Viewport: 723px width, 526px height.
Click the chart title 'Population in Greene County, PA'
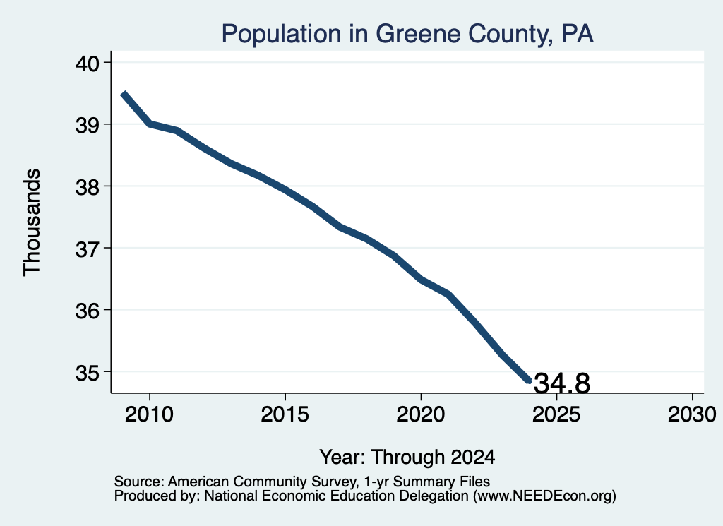point(407,34)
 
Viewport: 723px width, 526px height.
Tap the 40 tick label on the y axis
point(88,63)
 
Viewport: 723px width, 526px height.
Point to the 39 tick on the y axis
point(88,125)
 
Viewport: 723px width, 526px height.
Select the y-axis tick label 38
point(88,186)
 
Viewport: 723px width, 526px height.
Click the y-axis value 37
point(88,249)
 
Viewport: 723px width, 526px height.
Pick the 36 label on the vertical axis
point(88,311)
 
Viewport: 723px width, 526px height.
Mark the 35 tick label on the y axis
point(88,373)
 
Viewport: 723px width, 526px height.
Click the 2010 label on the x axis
point(149,414)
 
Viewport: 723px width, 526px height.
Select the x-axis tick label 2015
point(285,414)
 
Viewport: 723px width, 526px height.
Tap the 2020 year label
point(421,414)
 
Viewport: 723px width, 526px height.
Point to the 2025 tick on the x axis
point(556,414)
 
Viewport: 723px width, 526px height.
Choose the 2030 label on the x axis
point(692,414)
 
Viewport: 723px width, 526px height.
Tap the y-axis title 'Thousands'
point(32,222)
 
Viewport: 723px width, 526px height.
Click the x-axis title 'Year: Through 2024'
point(407,458)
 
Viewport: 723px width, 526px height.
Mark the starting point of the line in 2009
point(123,94)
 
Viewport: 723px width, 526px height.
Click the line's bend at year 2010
point(150,124)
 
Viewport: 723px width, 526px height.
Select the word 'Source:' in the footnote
point(139,482)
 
